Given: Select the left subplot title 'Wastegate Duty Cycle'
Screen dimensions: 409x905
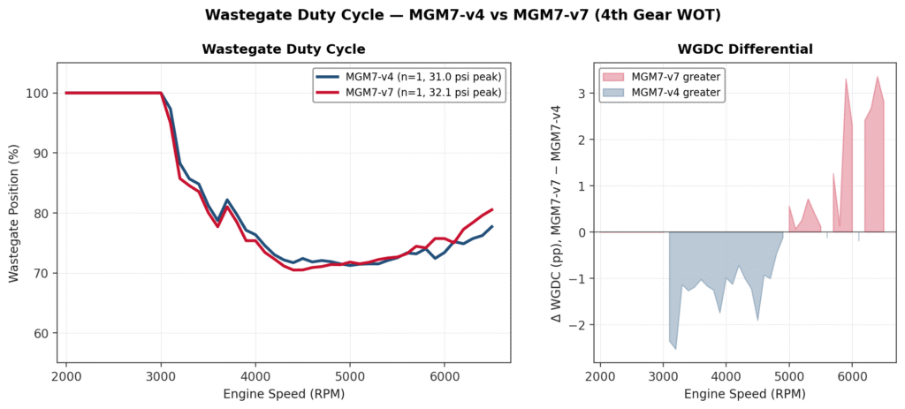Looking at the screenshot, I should [x=284, y=49].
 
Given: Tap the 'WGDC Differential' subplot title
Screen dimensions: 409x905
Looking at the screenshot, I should [x=744, y=49].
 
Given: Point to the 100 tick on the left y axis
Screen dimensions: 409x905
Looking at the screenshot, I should [x=39, y=93].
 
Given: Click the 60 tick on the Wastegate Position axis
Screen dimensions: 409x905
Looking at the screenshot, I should [x=42, y=333].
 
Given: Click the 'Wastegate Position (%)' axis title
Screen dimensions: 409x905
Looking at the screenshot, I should [x=14, y=213].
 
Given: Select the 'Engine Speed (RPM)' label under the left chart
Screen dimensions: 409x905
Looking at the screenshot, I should [x=284, y=393].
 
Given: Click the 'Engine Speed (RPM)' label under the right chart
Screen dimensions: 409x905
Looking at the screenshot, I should [x=744, y=393].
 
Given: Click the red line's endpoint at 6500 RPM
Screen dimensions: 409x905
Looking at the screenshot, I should [x=492, y=209].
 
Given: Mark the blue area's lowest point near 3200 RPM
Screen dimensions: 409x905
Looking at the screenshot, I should [x=676, y=349].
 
